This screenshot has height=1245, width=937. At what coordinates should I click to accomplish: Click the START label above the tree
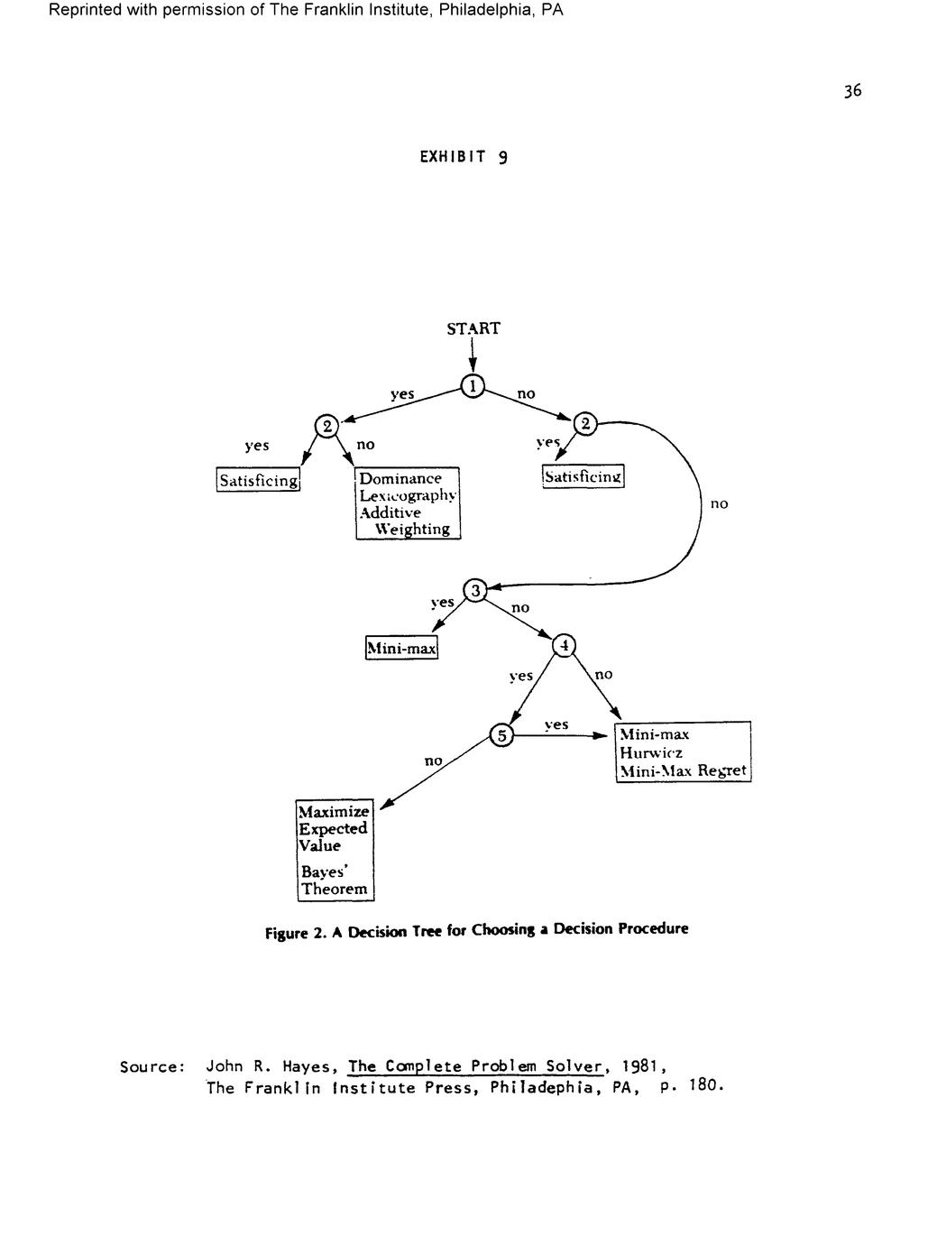tap(473, 328)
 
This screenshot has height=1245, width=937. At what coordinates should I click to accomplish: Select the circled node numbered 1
tap(472, 386)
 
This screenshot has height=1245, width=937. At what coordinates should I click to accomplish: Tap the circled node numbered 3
tap(474, 591)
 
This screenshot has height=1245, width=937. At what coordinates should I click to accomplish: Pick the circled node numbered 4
tap(564, 645)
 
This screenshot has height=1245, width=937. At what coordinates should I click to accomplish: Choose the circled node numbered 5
tap(501, 735)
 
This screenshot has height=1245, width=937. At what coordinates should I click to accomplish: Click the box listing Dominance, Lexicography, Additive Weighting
tap(408, 503)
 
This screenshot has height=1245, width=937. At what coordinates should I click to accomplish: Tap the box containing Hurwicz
tap(683, 752)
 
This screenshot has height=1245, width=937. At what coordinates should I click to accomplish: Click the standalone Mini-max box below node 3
tap(401, 648)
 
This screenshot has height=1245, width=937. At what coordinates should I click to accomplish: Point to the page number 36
tap(852, 90)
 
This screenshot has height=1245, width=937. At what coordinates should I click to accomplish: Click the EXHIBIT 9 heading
tap(464, 157)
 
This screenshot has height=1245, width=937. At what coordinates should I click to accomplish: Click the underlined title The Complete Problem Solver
tap(475, 1066)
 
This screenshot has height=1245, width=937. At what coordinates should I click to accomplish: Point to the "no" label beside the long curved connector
tap(719, 503)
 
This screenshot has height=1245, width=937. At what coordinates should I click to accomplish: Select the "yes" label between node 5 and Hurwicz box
tap(556, 724)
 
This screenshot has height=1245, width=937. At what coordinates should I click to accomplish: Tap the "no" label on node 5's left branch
tap(434, 761)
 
